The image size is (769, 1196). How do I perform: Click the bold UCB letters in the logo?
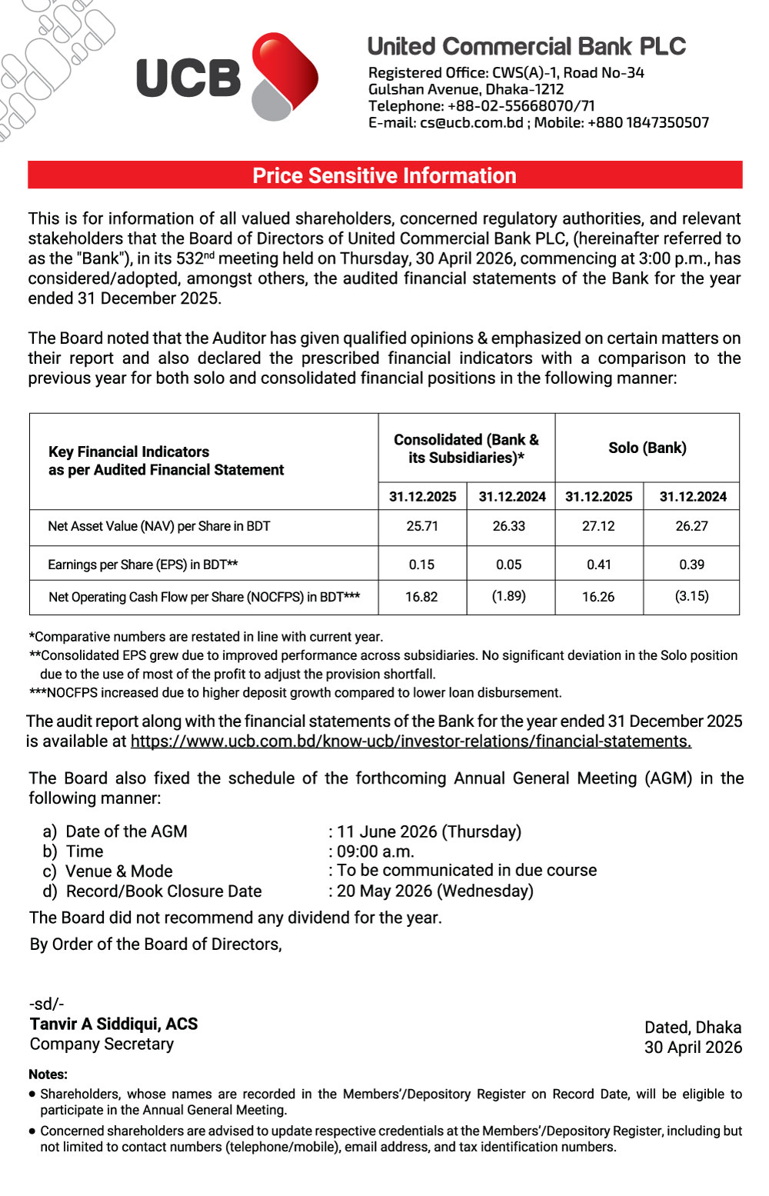click(188, 78)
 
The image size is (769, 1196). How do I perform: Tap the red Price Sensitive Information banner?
click(384, 175)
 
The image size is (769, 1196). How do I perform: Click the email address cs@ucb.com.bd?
click(471, 122)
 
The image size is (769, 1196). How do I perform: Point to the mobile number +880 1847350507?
click(647, 122)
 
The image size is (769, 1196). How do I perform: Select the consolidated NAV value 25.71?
click(421, 526)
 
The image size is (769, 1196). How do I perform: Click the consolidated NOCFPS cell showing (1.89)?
click(508, 596)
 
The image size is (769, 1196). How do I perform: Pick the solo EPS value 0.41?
click(598, 565)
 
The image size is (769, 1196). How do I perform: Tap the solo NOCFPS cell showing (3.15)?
click(691, 596)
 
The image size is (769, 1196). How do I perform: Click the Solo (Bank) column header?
click(647, 448)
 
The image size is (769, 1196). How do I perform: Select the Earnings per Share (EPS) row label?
click(142, 565)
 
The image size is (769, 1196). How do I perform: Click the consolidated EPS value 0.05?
click(508, 565)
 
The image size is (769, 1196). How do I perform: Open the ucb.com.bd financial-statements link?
click(411, 741)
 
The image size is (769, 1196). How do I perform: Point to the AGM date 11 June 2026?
click(429, 831)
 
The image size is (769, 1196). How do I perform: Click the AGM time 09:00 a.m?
click(376, 851)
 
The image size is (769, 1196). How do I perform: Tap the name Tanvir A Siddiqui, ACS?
click(114, 1024)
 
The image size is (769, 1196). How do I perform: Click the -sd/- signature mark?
click(47, 1004)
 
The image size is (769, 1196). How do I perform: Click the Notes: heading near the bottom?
click(48, 1074)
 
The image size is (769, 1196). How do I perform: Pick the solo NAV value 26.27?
click(691, 526)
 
